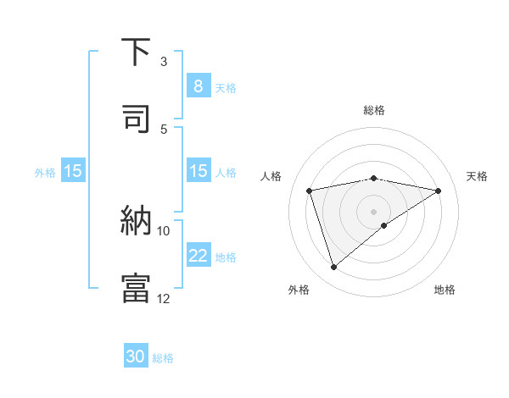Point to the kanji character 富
[x=137, y=288]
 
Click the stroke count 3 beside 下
[x=164, y=62]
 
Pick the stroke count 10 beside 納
[x=164, y=230]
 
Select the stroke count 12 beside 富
[x=164, y=298]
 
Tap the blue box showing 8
[x=198, y=86]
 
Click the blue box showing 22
[x=198, y=256]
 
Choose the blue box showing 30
[x=136, y=357]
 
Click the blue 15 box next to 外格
[x=73, y=171]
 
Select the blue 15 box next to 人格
[x=198, y=171]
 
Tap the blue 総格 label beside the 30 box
[x=163, y=358]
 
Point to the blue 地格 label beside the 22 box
[x=226, y=257]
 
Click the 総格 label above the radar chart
[x=374, y=110]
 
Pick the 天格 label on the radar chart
[x=477, y=176]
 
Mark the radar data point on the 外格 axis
[x=333, y=268]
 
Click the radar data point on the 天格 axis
[x=439, y=191]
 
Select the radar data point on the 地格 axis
[x=384, y=225]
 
